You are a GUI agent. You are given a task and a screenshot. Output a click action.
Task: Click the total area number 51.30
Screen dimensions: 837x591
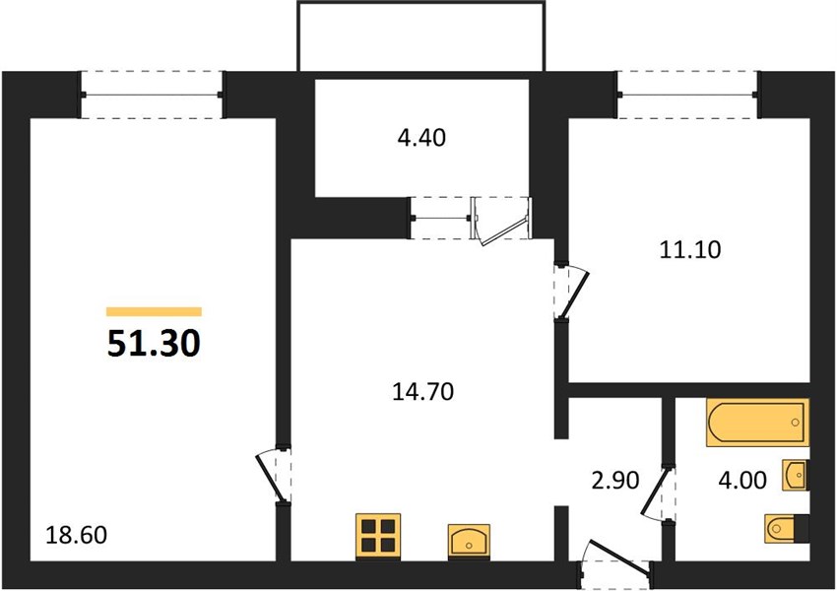pos(154,343)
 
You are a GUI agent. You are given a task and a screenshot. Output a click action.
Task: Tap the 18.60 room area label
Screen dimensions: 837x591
pos(77,535)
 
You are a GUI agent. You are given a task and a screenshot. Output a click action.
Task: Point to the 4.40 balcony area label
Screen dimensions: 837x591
pos(421,138)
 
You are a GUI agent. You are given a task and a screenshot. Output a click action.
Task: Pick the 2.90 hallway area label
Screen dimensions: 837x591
pos(614,480)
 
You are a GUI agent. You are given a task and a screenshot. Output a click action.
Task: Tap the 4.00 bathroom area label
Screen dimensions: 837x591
pos(742,480)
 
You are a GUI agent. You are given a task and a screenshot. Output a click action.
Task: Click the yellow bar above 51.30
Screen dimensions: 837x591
pos(154,311)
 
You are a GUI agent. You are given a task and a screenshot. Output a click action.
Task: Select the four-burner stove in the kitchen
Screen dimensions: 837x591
pos(378,536)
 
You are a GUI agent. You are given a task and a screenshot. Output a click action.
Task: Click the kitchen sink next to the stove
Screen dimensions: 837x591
pos(469,540)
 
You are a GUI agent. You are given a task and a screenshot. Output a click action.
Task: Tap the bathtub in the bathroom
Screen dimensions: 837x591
pos(757,422)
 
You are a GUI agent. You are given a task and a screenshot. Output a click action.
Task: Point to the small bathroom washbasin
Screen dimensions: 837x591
pos(796,475)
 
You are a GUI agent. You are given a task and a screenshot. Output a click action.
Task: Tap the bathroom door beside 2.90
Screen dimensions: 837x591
pos(658,493)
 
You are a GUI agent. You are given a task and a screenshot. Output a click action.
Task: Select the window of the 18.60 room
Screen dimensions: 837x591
pos(152,95)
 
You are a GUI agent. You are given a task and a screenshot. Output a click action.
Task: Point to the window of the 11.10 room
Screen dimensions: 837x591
pos(688,95)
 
